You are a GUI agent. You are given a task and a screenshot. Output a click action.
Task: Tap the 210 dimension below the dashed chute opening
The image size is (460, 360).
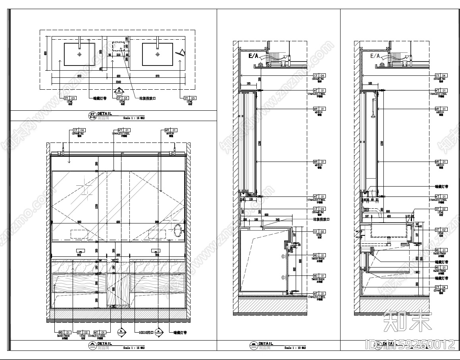[x=118, y=55]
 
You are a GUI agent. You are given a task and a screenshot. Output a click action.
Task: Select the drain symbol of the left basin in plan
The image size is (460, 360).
[x=79, y=54]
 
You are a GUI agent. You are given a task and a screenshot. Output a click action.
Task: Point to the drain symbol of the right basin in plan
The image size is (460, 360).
[x=158, y=54]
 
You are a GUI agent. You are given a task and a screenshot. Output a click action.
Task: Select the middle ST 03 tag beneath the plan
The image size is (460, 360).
[x=122, y=98]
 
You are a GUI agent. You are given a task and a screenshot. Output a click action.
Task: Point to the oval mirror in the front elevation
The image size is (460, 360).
[x=179, y=230]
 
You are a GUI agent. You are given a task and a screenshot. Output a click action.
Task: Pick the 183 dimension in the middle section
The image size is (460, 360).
[x=249, y=83]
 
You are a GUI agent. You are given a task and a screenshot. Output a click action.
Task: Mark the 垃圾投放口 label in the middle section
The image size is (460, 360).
[x=321, y=219]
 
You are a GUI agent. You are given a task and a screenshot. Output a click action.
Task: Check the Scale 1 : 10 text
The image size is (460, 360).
[x=294, y=348]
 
